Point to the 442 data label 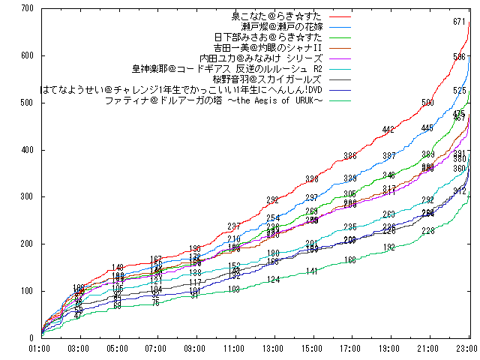point(388,130)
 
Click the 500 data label point(427,103)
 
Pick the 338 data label point(312,178)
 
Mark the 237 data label point(234,226)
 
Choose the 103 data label point(234,289)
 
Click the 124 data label point(273,280)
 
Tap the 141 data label point(312,271)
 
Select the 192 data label point(388,247)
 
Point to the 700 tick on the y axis point(28,8)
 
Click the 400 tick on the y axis point(28,150)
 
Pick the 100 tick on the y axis point(28,291)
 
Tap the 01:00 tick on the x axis point(39,349)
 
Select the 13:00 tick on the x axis point(273,349)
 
